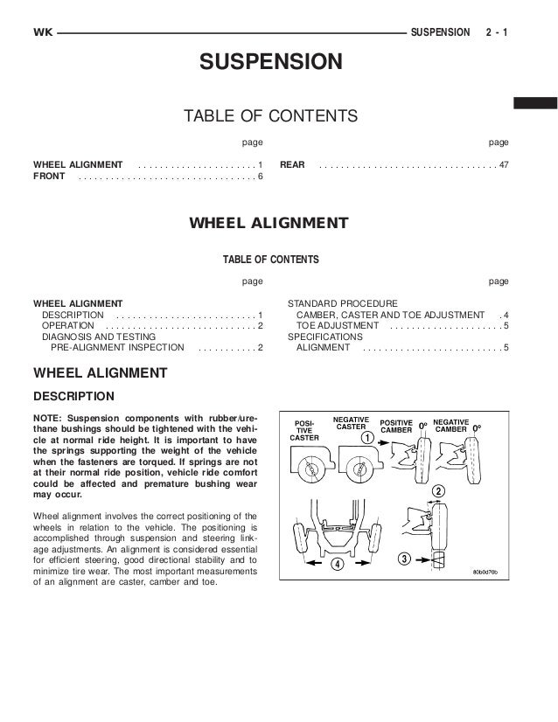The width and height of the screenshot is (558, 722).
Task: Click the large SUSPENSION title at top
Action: (269, 62)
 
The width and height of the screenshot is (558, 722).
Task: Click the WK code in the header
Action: (41, 32)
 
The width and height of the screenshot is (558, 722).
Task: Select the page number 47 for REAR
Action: (504, 164)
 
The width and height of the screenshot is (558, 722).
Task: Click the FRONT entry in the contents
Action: (48, 177)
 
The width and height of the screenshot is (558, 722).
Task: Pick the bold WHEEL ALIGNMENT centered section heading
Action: (269, 223)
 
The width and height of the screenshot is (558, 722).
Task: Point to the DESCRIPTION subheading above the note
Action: (73, 395)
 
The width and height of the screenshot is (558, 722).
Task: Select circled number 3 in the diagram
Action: (404, 558)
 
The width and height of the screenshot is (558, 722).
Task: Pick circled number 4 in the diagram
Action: (337, 565)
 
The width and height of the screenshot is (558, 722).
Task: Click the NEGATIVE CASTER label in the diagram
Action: (352, 423)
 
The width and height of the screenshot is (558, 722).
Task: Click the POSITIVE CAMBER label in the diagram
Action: (401, 427)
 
